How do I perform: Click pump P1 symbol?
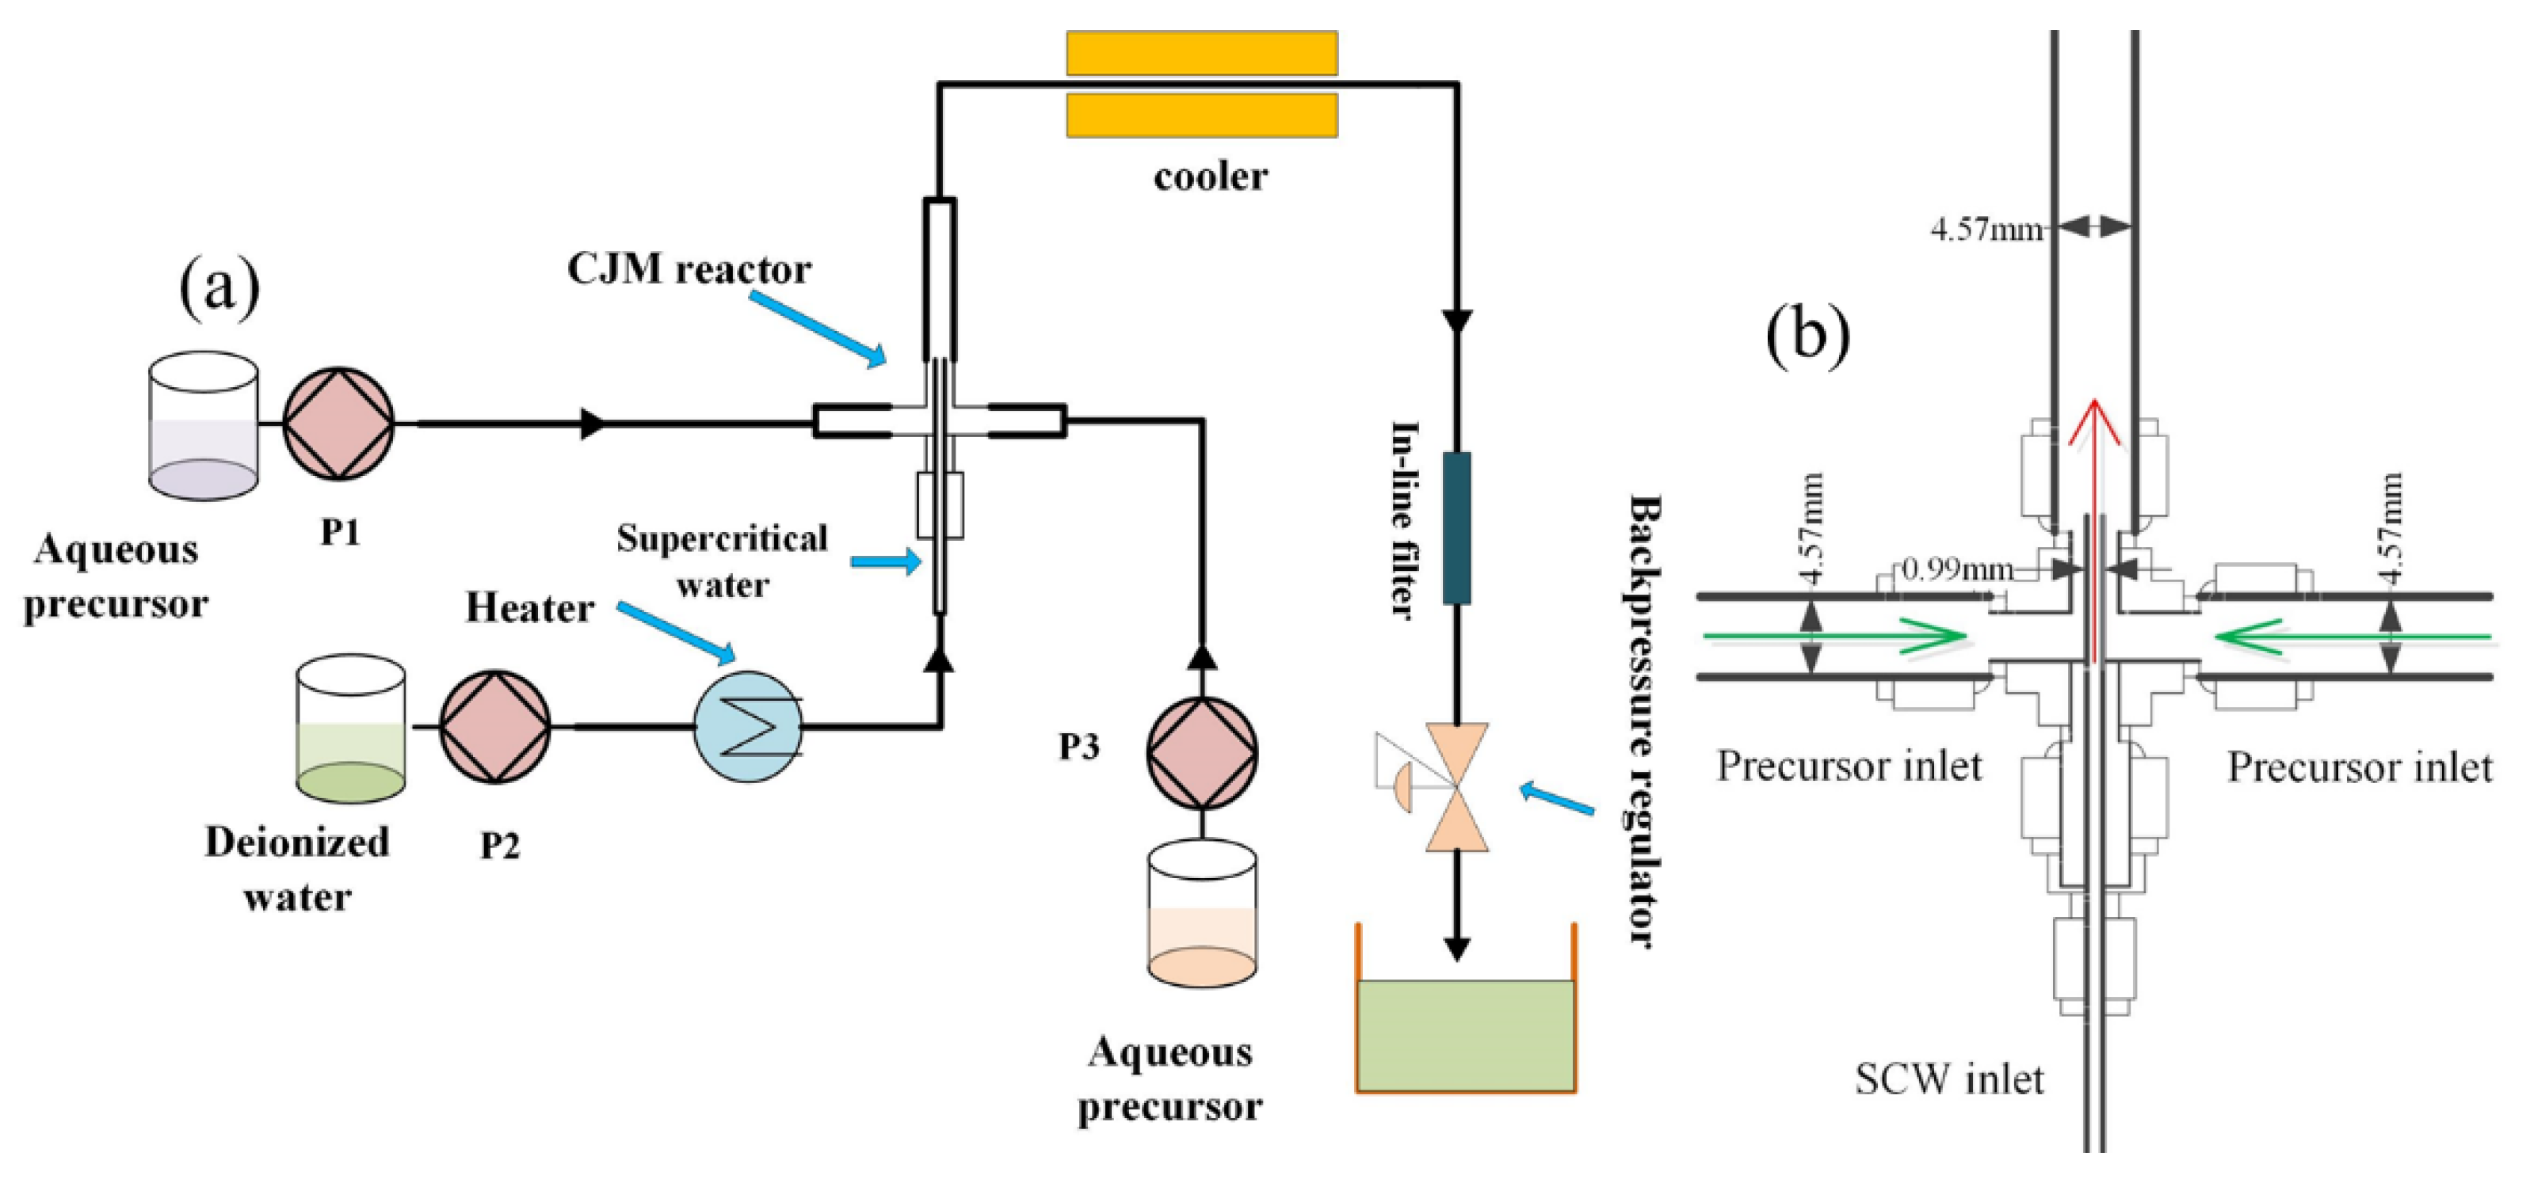click(x=339, y=424)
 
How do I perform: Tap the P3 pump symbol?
click(x=1202, y=753)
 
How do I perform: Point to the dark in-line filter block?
click(x=1456, y=528)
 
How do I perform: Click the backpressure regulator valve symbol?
click(x=1456, y=787)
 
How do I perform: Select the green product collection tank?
click(x=1465, y=1035)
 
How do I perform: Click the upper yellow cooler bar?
click(x=1202, y=53)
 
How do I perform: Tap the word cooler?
click(x=1210, y=177)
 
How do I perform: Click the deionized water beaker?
click(x=351, y=728)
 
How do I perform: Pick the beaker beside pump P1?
click(x=204, y=426)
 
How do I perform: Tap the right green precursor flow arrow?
click(x=2353, y=636)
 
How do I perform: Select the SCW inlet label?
click(x=1948, y=1079)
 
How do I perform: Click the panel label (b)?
click(x=1807, y=335)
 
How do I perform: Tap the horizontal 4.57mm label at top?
click(x=1986, y=229)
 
